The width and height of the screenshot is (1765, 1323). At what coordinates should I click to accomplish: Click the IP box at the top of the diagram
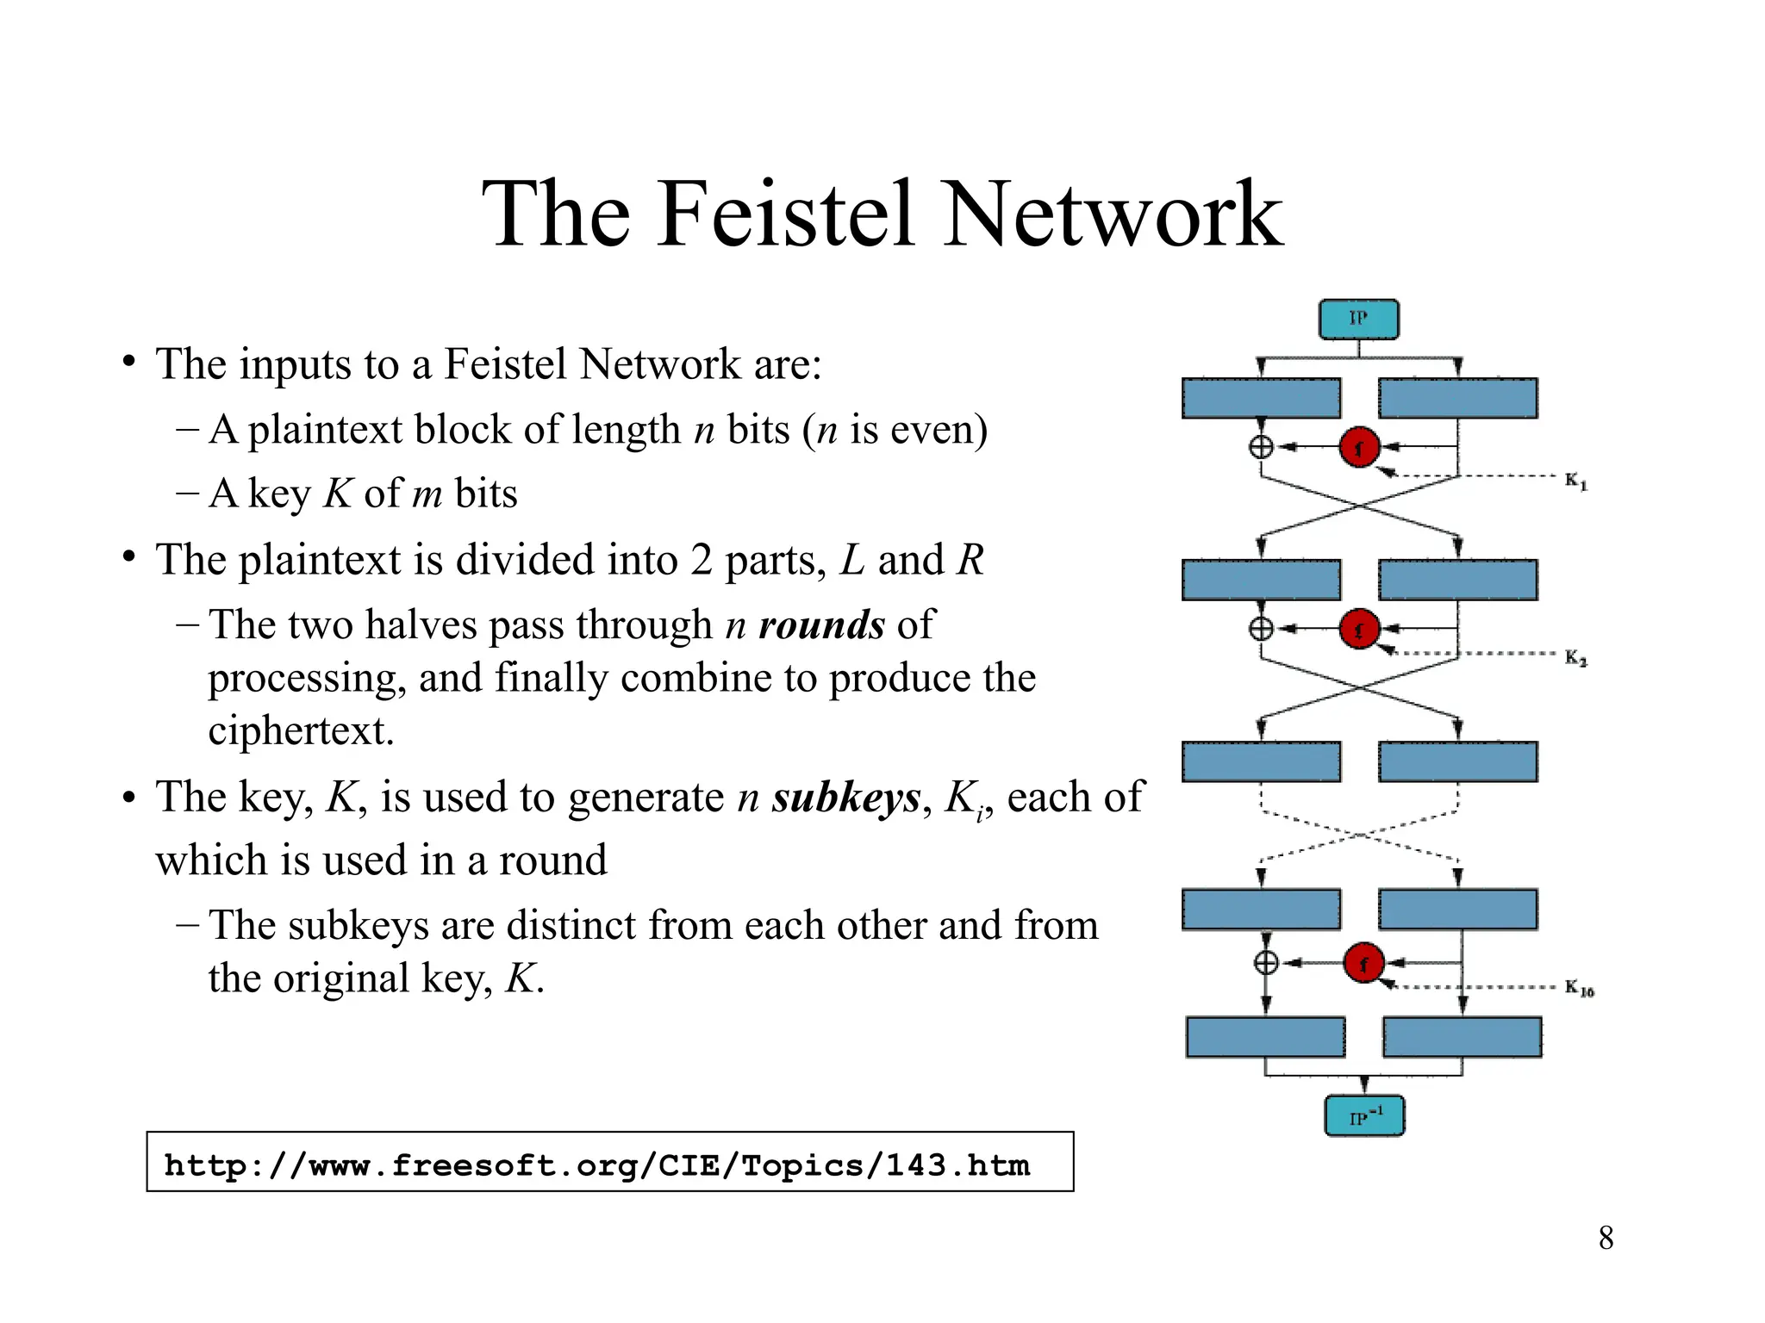[x=1358, y=320]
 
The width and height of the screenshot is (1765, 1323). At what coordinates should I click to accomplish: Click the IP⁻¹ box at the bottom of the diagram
[x=1364, y=1116]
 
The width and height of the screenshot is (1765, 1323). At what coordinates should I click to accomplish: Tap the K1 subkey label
[x=1575, y=481]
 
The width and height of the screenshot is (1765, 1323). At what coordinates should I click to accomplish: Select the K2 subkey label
[x=1575, y=659]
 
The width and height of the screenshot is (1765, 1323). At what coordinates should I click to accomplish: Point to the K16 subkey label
[x=1579, y=988]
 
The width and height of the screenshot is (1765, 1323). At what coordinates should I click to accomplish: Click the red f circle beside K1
[x=1359, y=447]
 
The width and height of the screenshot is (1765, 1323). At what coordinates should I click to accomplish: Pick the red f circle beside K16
[x=1363, y=963]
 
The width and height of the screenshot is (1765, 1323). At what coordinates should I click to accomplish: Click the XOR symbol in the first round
[x=1261, y=447]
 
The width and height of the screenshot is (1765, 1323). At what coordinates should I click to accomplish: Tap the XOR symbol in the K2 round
[x=1261, y=629]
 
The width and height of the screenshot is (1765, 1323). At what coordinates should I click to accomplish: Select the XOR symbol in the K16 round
[x=1266, y=963]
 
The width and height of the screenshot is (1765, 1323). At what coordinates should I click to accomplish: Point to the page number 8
[x=1606, y=1239]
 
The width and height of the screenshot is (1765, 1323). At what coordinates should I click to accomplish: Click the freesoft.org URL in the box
[x=596, y=1165]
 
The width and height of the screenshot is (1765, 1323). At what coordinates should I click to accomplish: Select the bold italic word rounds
[x=821, y=624]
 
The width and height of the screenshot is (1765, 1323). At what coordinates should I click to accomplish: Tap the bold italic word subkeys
[x=845, y=797]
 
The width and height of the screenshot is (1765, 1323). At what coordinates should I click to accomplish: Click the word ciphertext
[x=301, y=730]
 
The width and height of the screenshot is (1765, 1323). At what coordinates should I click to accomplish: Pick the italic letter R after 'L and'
[x=970, y=560]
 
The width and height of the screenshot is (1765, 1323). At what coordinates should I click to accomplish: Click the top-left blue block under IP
[x=1261, y=398]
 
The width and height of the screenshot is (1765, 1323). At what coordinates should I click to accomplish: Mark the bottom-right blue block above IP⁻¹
[x=1462, y=1037]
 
